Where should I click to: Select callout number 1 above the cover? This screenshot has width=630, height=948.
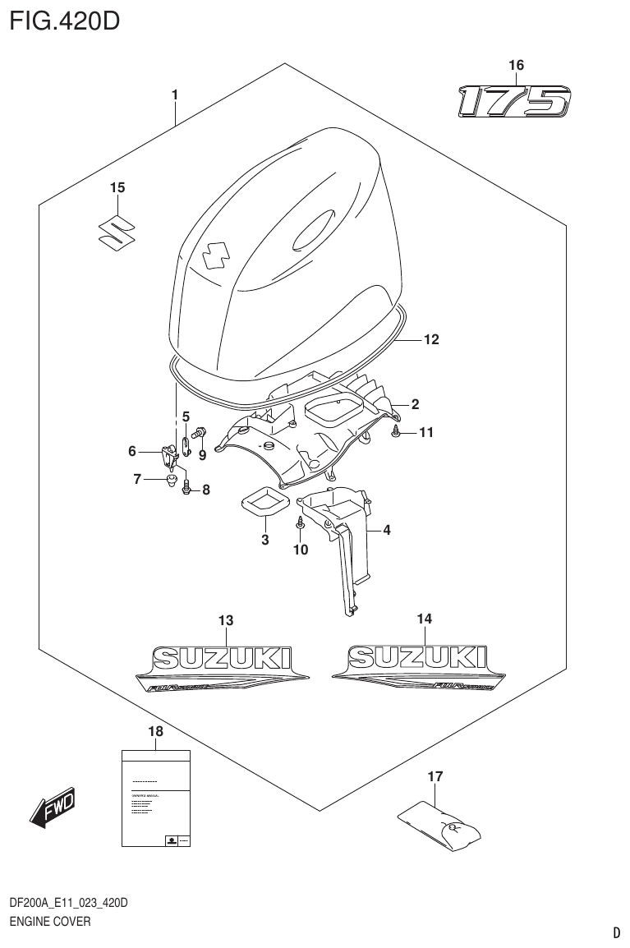tap(175, 96)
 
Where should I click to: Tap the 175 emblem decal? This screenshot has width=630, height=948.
tap(513, 102)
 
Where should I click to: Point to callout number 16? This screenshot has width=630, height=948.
tap(516, 65)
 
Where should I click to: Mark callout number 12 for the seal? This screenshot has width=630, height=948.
tap(431, 338)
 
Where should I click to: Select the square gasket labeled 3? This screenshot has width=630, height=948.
tap(264, 503)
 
